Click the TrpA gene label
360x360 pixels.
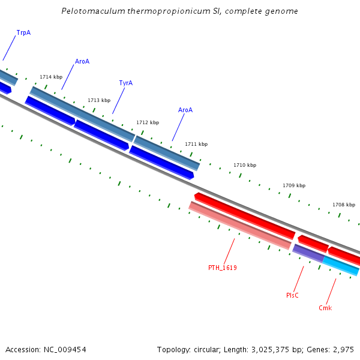[23, 32]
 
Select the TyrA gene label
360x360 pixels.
[125, 83]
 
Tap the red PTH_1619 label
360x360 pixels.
[222, 268]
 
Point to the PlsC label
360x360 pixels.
[292, 295]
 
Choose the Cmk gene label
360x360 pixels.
[325, 308]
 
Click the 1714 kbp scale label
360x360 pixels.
[51, 77]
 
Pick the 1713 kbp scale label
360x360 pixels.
[99, 100]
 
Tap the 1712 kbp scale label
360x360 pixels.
[148, 122]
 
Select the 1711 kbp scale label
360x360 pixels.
[196, 144]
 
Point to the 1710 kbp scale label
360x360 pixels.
[245, 165]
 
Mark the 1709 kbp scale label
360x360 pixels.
[294, 185]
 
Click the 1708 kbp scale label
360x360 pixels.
[344, 205]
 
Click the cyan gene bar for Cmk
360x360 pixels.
[341, 266]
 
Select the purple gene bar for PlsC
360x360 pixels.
[308, 253]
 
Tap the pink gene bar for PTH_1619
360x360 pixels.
[240, 226]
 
